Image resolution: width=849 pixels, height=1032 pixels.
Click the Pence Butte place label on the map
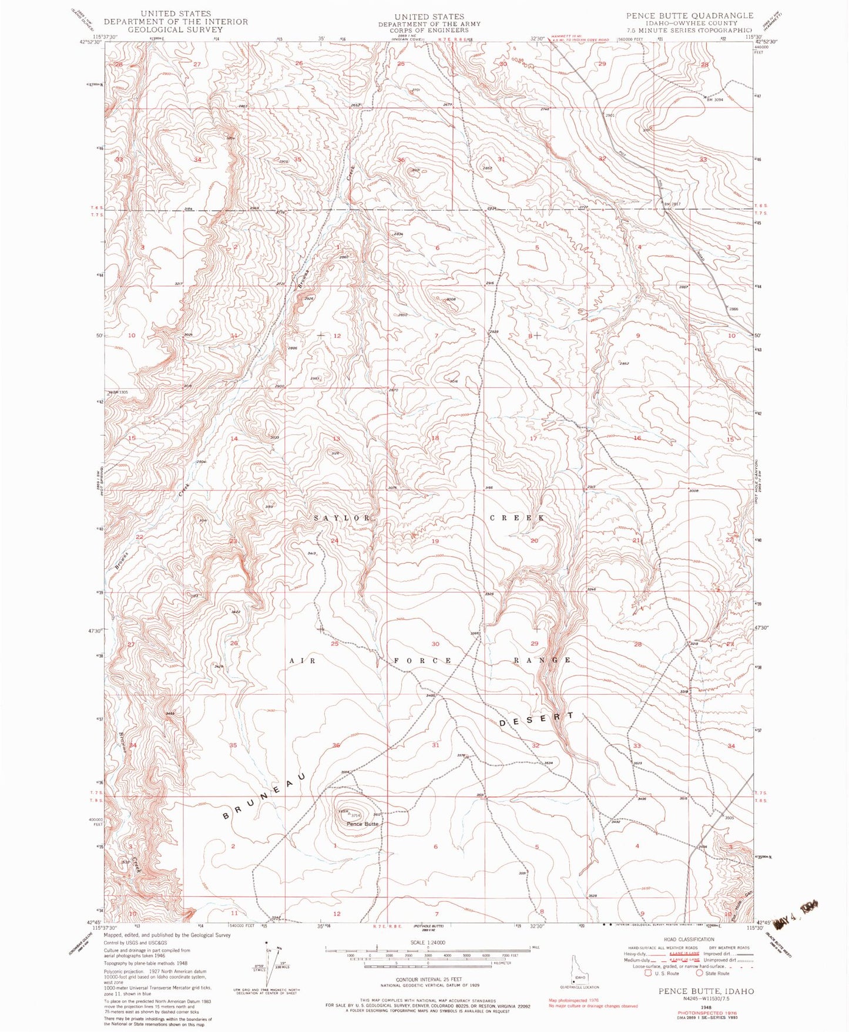(362, 823)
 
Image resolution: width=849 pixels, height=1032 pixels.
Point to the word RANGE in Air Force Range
(542, 660)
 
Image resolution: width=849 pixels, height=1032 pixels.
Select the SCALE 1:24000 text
(427, 942)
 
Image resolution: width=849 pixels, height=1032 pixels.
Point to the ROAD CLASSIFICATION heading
(689, 939)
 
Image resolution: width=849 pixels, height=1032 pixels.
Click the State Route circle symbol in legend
(700, 973)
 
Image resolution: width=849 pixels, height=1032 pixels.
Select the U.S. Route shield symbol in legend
(649, 973)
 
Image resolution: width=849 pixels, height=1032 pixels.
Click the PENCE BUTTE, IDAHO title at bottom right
(706, 991)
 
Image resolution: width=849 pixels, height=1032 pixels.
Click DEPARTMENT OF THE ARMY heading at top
(429, 23)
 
